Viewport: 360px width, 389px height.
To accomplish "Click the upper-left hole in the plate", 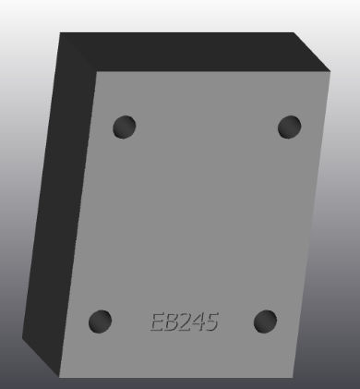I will [124, 126].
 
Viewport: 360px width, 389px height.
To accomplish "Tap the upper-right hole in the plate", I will [289, 126].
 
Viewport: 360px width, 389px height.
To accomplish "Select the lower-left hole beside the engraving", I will [100, 322].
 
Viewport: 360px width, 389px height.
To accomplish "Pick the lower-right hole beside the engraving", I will [265, 322].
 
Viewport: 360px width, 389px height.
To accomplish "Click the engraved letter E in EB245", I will [158, 322].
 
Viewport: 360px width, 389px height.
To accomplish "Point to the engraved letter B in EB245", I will [172, 322].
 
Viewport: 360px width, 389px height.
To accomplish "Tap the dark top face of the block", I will [185, 52].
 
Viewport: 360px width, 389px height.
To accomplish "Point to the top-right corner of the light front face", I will [330, 70].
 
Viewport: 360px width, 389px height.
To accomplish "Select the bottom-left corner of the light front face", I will [61, 377].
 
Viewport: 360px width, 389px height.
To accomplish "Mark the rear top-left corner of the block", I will [61, 33].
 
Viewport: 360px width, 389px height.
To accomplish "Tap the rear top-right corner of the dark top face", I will [294, 33].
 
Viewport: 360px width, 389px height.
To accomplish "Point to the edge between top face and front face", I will [212, 71].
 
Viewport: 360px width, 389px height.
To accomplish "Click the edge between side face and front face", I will [78, 222].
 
